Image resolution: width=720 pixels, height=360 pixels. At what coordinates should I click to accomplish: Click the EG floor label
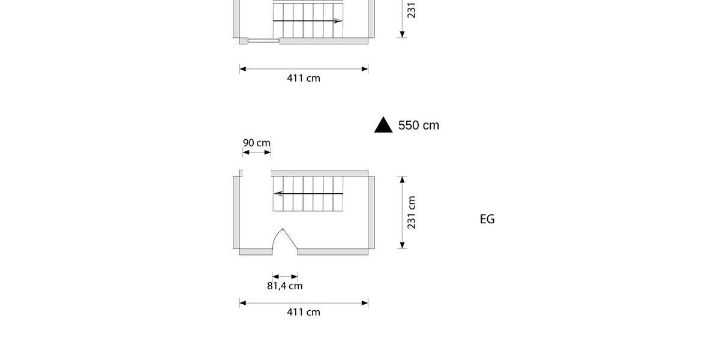point(487,219)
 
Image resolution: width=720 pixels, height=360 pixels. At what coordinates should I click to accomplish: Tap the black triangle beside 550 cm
point(383,125)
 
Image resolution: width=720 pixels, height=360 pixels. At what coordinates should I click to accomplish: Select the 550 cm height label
point(419,125)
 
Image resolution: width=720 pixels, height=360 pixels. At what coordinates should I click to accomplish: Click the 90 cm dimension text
point(257,143)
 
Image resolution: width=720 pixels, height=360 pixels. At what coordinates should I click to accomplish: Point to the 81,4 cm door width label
point(285,286)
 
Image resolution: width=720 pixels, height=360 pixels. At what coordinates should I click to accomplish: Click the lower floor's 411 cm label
point(304,312)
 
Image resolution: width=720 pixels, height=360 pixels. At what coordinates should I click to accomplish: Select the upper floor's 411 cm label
point(304,78)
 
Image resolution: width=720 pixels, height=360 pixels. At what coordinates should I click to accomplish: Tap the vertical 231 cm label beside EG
point(411,212)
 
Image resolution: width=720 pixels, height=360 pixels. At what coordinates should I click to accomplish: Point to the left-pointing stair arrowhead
point(278,193)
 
